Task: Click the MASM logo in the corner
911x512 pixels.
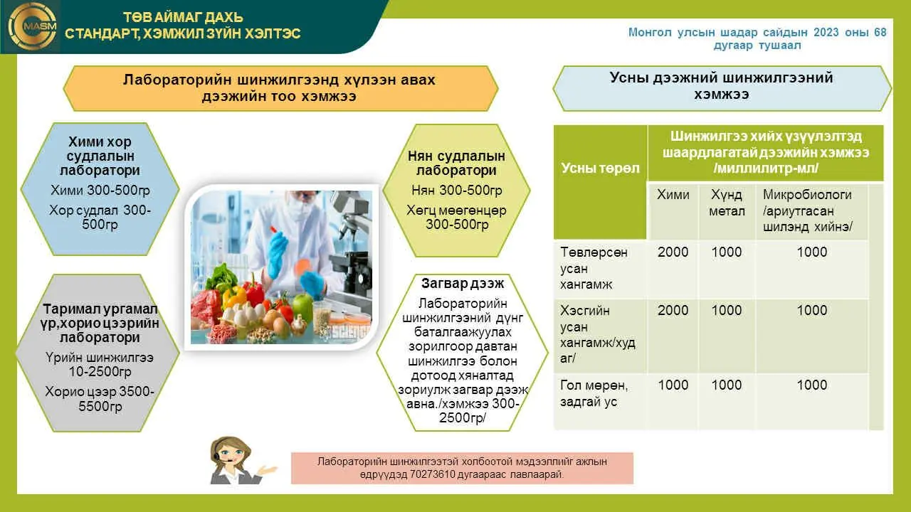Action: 32,26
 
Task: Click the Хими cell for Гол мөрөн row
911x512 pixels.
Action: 673,385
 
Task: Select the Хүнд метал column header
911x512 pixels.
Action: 727,203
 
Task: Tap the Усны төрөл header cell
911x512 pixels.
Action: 600,169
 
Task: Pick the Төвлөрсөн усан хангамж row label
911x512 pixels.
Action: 594,268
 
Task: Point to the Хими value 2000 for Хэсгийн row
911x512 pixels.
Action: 673,310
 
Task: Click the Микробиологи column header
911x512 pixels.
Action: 807,210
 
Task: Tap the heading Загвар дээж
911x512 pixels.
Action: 463,283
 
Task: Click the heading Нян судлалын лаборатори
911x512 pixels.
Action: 456,163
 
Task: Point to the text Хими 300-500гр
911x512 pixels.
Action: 100,190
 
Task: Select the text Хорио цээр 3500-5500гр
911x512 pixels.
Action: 100,399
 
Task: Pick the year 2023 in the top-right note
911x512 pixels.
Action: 826,32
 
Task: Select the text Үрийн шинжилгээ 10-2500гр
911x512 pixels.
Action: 100,365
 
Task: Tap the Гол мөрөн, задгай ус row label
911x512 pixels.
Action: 594,393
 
